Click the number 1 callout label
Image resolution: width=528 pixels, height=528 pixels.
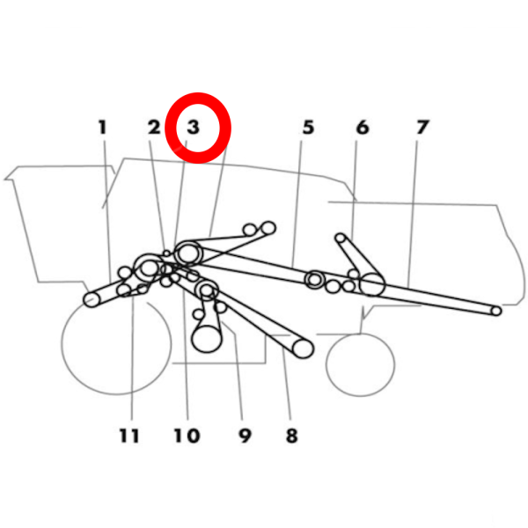tap(103, 128)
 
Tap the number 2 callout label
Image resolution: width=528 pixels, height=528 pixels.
tap(154, 128)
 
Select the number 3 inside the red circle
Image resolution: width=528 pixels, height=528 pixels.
tap(194, 128)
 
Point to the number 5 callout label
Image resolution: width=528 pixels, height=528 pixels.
tap(309, 128)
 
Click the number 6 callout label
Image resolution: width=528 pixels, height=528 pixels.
tap(363, 128)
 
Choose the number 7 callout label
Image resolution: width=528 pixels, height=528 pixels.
tap(422, 128)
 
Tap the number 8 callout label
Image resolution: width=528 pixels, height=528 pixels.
tap(291, 436)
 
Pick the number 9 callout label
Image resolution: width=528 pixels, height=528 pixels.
tap(245, 436)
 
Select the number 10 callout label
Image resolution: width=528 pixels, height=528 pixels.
tap(187, 436)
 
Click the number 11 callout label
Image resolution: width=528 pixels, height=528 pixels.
tap(129, 436)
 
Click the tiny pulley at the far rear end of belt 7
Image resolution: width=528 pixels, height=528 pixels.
tap(496, 311)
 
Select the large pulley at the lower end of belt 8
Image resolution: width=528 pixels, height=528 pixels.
tap(303, 348)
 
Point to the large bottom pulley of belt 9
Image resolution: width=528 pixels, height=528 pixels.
tap(207, 339)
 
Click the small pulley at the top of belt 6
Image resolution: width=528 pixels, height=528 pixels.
tap(341, 238)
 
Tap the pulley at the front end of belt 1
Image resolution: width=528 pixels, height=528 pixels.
tap(92, 299)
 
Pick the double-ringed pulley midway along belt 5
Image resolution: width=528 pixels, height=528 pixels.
tap(315, 279)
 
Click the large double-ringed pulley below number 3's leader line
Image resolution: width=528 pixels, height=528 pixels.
tap(188, 253)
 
